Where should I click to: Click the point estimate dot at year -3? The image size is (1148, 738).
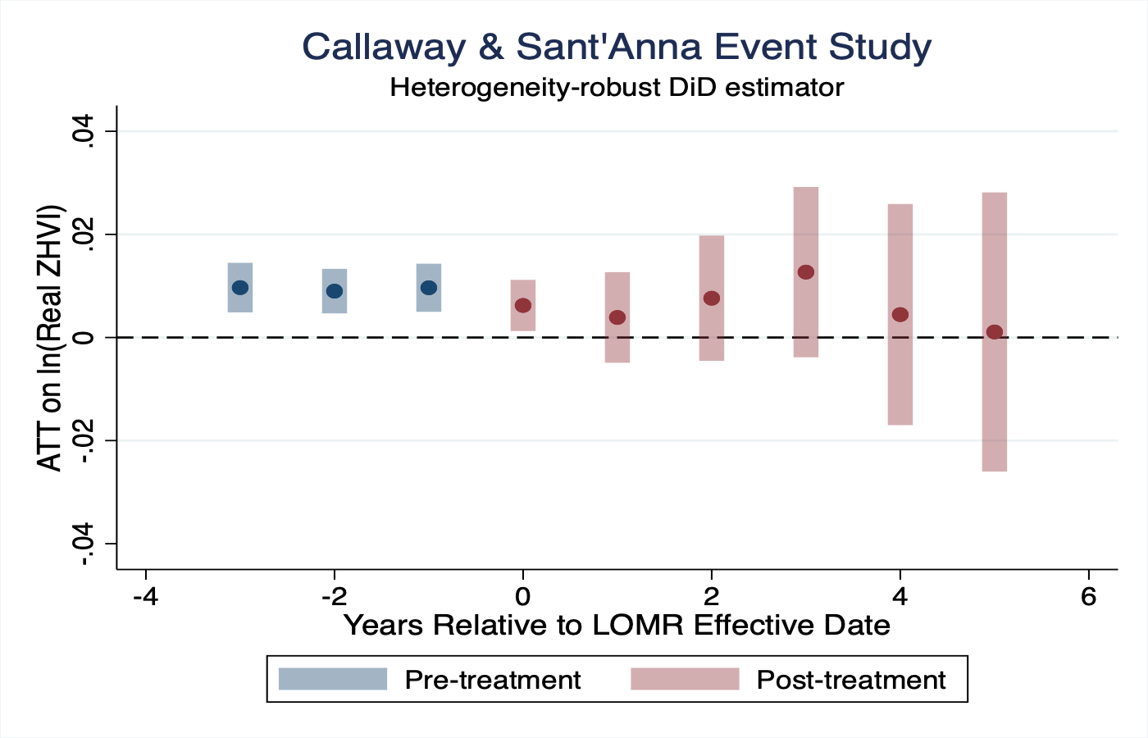[x=240, y=288]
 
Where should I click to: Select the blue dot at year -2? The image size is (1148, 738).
[x=335, y=291]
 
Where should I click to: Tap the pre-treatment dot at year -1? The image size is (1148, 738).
[x=429, y=288]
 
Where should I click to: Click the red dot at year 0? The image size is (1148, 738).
[x=523, y=306]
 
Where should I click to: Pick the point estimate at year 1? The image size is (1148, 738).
[x=617, y=317]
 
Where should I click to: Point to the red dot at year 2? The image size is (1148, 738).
[x=712, y=298]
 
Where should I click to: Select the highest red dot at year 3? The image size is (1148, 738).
[x=806, y=272]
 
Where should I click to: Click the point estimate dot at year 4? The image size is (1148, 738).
[x=900, y=315]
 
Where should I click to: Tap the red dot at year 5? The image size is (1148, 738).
[x=995, y=332]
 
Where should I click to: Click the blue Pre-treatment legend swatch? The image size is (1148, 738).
[x=333, y=679]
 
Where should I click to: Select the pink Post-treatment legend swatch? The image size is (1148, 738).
[x=685, y=679]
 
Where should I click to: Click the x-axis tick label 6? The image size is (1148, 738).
[x=1088, y=596]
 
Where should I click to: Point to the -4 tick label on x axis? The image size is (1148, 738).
[x=145, y=596]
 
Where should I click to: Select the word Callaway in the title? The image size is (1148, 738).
[x=384, y=47]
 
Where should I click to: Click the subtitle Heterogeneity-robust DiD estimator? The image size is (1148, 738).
[x=617, y=87]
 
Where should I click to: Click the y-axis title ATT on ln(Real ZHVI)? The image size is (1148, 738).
[x=51, y=337]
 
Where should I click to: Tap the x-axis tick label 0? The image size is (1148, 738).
[x=523, y=596]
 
